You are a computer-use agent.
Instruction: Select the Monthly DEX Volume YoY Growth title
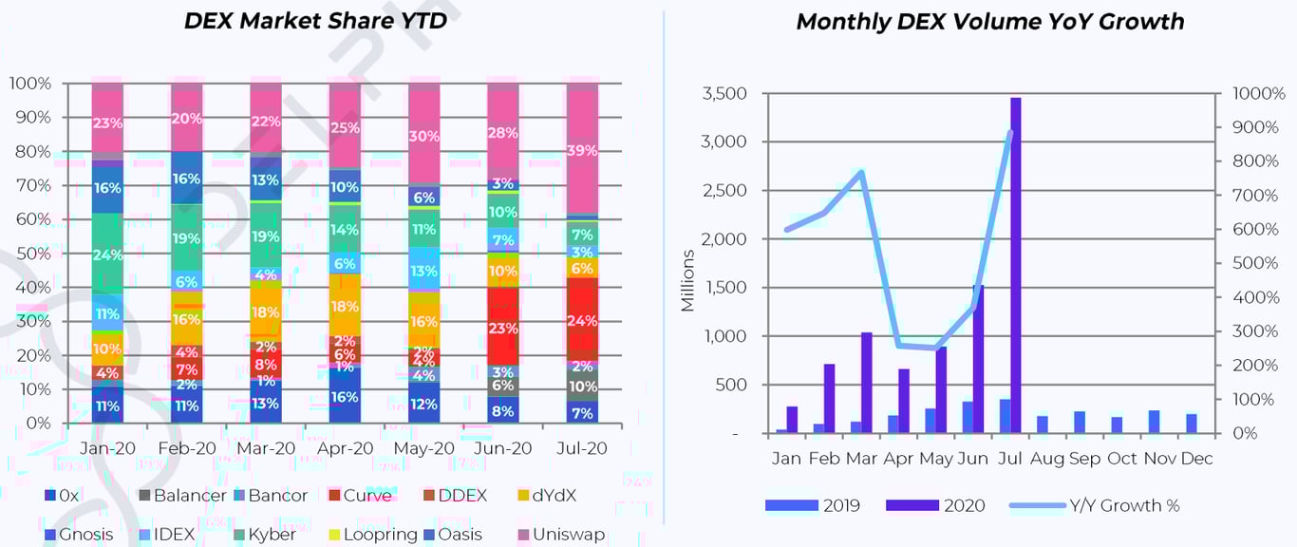(989, 22)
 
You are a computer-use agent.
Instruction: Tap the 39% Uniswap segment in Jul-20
(582, 150)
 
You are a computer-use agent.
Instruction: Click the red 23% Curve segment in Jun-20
(503, 328)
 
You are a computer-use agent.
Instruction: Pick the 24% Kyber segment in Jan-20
(107, 255)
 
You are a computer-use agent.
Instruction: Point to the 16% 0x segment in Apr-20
(345, 397)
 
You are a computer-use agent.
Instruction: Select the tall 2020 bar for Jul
(1016, 266)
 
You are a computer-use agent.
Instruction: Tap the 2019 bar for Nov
(1154, 422)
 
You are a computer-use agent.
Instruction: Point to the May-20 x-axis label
(423, 448)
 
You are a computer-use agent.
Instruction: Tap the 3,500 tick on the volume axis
(724, 94)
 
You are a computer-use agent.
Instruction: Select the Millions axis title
(688, 281)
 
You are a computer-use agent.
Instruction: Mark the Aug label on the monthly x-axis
(1047, 459)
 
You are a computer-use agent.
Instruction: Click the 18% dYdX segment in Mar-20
(266, 312)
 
